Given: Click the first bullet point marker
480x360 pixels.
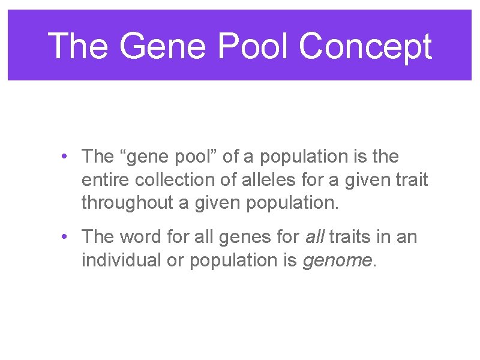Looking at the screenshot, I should pyautogui.click(x=64, y=157).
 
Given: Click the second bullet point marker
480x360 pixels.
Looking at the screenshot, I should pyautogui.click(x=64, y=237).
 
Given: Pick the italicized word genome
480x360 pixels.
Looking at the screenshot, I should pyautogui.click(x=338, y=260).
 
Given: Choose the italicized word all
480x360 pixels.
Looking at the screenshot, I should pyautogui.click(x=314, y=237).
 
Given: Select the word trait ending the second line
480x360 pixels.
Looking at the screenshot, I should pyautogui.click(x=411, y=180).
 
